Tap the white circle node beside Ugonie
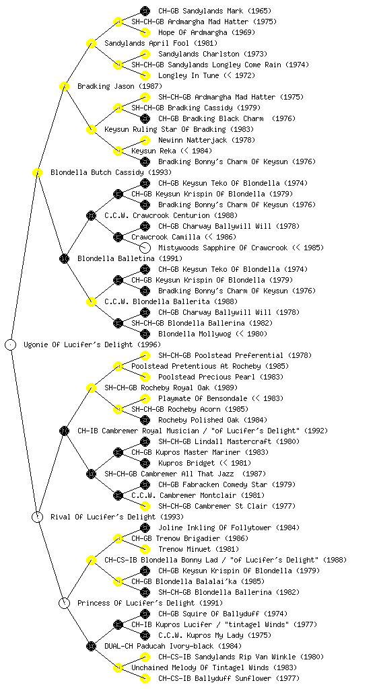point(11,344)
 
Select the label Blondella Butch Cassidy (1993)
point(110,172)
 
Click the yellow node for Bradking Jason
point(64,86)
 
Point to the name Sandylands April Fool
point(147,43)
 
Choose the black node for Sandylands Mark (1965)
point(145,11)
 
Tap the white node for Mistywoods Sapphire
point(145,248)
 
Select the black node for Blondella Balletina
point(64,258)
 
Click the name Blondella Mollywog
point(195,334)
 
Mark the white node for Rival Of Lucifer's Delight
point(37,517)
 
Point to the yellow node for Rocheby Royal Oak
point(91,388)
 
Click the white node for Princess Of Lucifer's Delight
point(64,603)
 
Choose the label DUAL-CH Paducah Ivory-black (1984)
point(173,646)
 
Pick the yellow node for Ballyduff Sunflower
point(145,678)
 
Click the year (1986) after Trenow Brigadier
point(237,538)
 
